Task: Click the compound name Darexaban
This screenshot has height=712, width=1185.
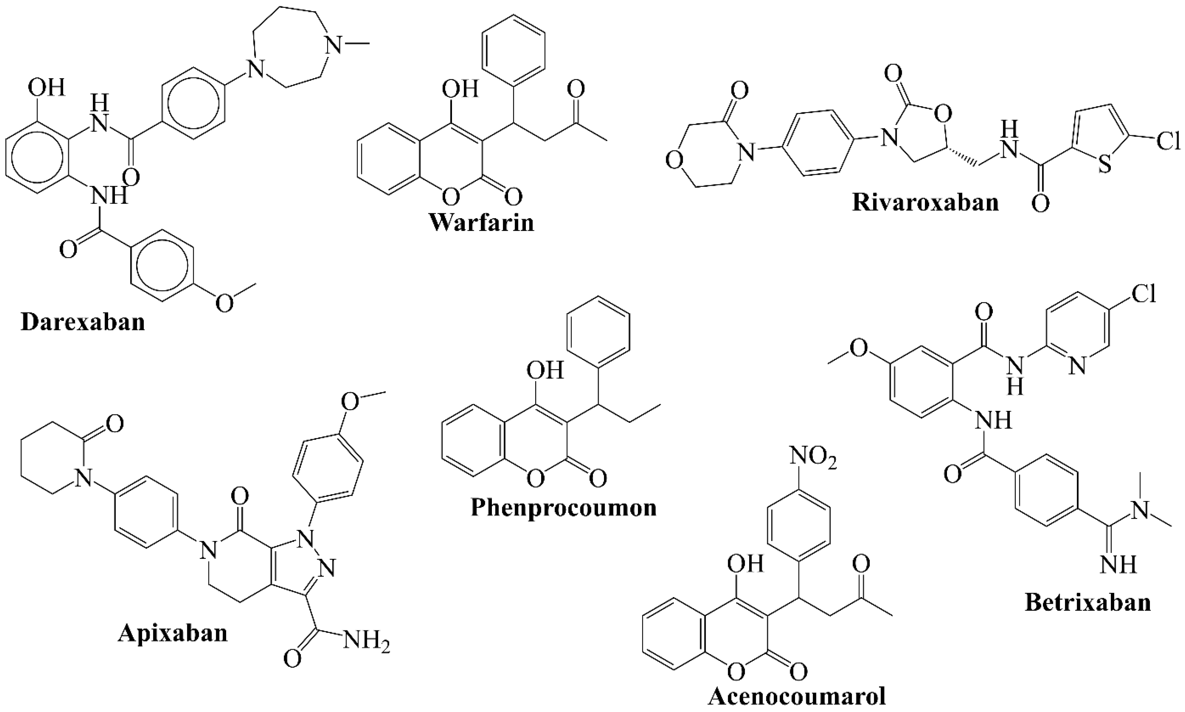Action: (x=83, y=322)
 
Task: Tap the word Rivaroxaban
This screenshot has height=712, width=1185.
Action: (x=925, y=202)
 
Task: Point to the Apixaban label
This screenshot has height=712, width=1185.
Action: (x=173, y=633)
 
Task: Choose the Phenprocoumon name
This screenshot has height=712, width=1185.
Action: (x=564, y=507)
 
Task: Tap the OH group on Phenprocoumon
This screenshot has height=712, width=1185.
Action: (x=545, y=371)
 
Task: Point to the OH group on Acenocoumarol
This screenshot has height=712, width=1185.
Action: (x=745, y=564)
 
